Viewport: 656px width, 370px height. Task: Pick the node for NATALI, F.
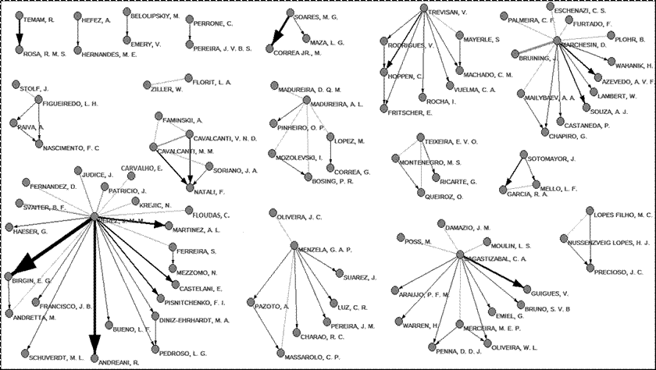(187, 189)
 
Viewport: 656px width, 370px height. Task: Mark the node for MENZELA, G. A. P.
(293, 247)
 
